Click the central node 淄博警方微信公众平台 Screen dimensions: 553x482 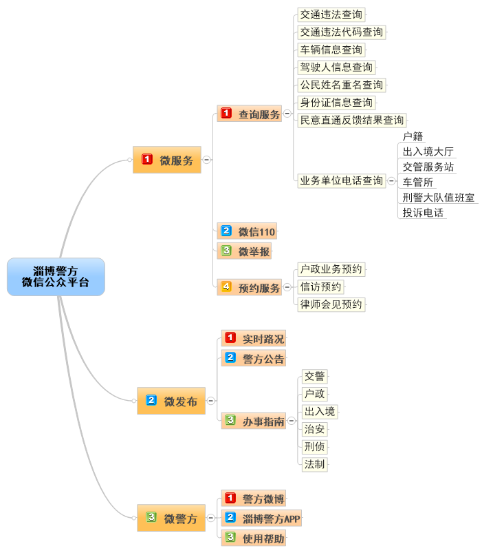[56, 277]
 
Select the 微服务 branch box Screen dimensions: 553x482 [167, 160]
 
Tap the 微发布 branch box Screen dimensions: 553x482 [171, 401]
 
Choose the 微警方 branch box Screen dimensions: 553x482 [171, 519]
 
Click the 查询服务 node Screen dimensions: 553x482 [250, 114]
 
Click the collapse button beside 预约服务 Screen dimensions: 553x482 [287, 288]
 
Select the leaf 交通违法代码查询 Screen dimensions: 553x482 [341, 32]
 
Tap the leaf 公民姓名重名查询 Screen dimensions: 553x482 [341, 85]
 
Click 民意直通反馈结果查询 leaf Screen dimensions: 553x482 [351, 120]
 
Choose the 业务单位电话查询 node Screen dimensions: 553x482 [341, 180]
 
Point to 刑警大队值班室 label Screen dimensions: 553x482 [438, 197]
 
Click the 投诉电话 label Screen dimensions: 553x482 [423, 213]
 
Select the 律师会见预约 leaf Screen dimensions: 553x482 [331, 304]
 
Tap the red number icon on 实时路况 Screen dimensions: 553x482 [230, 338]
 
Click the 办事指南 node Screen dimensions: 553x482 [254, 420]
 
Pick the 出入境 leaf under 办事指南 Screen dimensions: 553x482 [320, 411]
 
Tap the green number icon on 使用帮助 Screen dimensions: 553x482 [230, 537]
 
